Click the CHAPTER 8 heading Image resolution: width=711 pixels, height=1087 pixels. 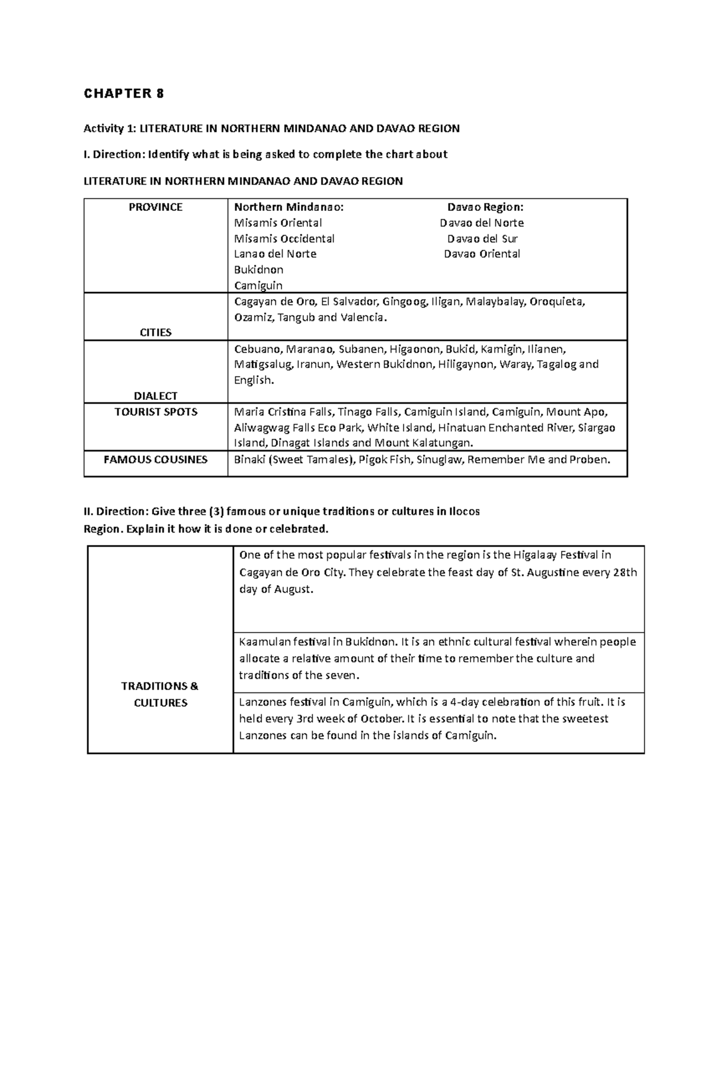click(124, 94)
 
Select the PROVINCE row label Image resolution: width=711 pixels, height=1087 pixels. click(155, 207)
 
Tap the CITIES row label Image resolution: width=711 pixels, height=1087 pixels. click(155, 332)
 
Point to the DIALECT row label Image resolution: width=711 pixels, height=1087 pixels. click(155, 396)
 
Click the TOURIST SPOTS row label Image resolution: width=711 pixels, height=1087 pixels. click(155, 412)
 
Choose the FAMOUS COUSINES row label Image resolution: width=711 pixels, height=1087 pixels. click(155, 459)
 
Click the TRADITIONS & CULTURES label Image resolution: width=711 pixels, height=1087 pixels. click(160, 694)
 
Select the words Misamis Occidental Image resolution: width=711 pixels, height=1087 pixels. click(284, 239)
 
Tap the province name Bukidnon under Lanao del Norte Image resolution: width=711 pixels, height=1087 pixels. click(259, 270)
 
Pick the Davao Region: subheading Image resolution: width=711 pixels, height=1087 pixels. click(485, 207)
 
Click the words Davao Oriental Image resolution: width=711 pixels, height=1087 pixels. click(482, 254)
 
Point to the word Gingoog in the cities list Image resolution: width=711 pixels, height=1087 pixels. click(404, 302)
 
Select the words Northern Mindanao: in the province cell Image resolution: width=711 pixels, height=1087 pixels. click(289, 207)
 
